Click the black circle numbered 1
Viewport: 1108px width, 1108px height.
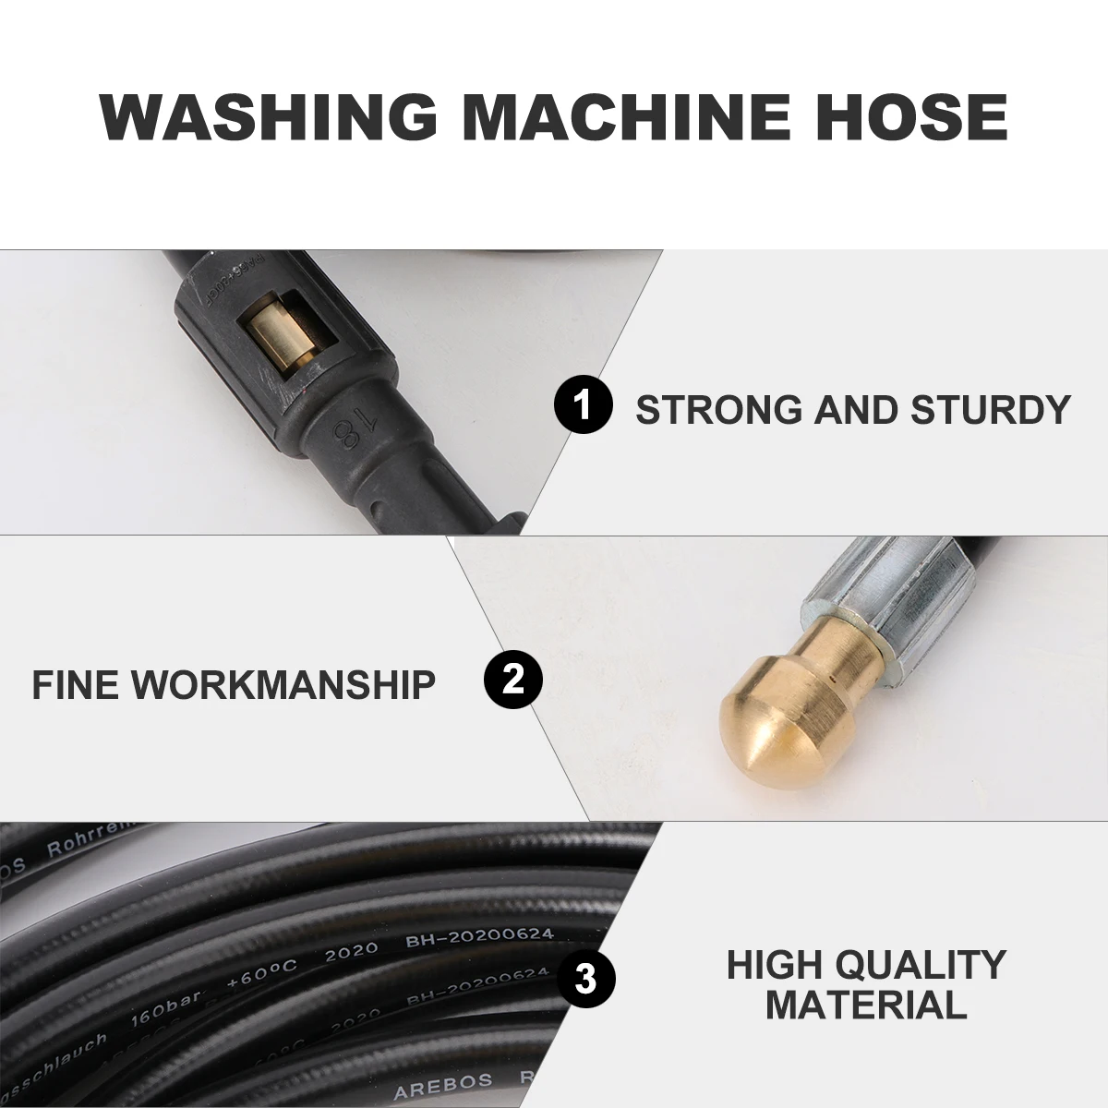coord(583,406)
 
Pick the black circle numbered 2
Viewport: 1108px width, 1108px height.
coord(513,682)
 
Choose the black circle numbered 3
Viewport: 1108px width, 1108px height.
coord(585,978)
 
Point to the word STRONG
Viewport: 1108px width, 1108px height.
coord(718,409)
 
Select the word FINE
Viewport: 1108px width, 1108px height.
coord(76,685)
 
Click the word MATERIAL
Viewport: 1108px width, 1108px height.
coord(866,1004)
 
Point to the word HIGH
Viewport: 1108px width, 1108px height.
coord(774,965)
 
